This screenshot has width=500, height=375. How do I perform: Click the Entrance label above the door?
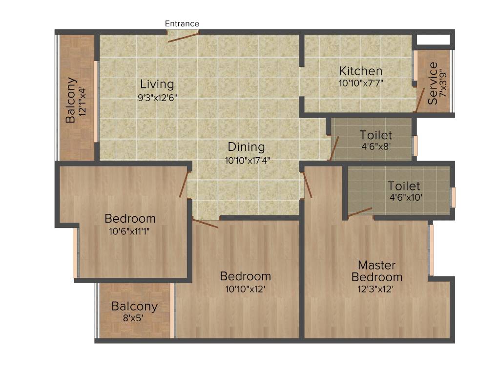[x=182, y=23]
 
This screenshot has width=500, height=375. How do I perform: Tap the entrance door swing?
[x=184, y=37]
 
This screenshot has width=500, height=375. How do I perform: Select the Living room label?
[x=157, y=84]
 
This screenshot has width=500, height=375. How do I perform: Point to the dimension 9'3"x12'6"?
[x=157, y=97]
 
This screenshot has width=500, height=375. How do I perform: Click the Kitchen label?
[x=361, y=71]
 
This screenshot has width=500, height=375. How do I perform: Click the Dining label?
[x=246, y=146]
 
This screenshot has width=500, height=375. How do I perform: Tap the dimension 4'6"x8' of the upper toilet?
[x=375, y=146]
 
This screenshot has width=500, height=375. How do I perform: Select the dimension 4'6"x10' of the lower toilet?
[x=405, y=198]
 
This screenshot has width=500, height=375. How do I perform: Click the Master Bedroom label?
[x=377, y=271]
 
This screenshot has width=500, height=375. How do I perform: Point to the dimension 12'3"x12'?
[x=375, y=289]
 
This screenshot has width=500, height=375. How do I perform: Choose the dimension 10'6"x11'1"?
[x=129, y=231]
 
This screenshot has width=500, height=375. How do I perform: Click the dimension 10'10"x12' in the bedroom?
[x=245, y=289]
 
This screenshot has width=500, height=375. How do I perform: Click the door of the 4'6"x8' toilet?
[x=334, y=148]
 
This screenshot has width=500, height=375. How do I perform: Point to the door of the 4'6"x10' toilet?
[x=360, y=211]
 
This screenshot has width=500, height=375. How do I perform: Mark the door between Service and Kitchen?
[x=419, y=100]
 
